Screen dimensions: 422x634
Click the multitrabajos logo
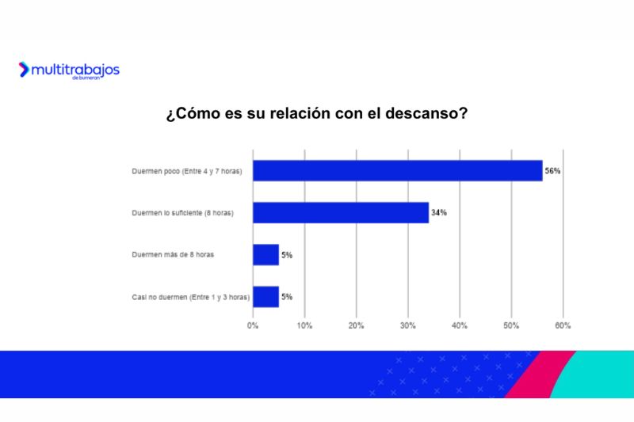coord(69,70)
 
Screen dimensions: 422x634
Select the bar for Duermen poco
coord(397,170)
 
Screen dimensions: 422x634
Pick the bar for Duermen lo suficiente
coord(341,212)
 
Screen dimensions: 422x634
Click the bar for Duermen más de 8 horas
coord(265,254)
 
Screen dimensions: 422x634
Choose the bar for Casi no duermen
coord(265,296)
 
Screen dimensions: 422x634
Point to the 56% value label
coord(552,170)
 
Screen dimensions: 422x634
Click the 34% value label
coord(439,212)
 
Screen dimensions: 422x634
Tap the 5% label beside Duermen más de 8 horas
coord(287,254)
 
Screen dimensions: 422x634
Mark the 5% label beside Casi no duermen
coord(287,296)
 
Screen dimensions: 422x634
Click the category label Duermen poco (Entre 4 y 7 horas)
coord(186,171)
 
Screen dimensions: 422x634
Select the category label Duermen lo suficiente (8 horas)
coord(182,213)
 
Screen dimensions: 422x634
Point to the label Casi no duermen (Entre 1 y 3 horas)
coord(190,297)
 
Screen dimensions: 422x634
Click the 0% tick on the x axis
coord(253,325)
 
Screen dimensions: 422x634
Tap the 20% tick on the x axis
coord(356,325)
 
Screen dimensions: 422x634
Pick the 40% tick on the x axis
coord(460,325)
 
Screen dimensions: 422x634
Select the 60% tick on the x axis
coord(563,325)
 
